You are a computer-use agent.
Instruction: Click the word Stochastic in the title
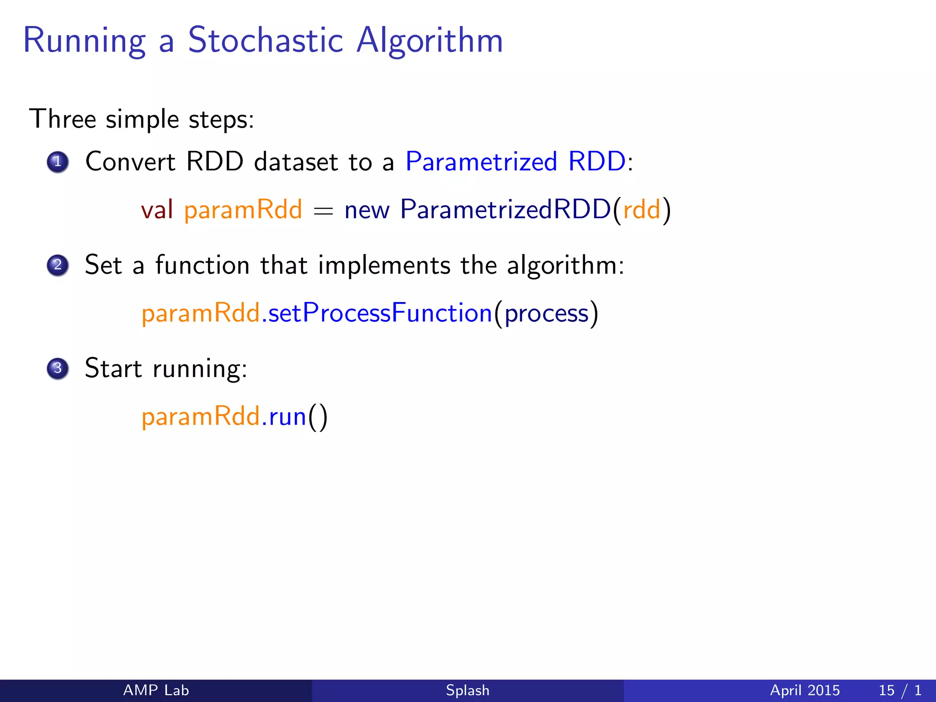tap(265, 40)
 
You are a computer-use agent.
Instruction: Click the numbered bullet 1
tap(58, 162)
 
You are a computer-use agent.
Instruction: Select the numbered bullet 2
tap(58, 265)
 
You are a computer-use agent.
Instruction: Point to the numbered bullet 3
tap(58, 368)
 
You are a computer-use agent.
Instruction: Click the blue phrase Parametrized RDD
tap(516, 162)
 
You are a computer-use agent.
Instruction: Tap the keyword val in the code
tap(157, 210)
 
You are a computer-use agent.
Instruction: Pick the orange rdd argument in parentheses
tap(642, 210)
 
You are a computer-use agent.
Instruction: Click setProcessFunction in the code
tap(380, 314)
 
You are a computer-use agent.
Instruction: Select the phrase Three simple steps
tap(142, 120)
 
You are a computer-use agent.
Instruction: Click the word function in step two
tap(202, 265)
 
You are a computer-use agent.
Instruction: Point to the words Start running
tap(166, 368)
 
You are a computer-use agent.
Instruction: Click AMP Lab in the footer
tap(156, 690)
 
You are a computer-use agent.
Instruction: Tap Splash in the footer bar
tap(468, 690)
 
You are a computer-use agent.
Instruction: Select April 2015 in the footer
tap(805, 690)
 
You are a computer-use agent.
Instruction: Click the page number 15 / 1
tap(899, 690)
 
